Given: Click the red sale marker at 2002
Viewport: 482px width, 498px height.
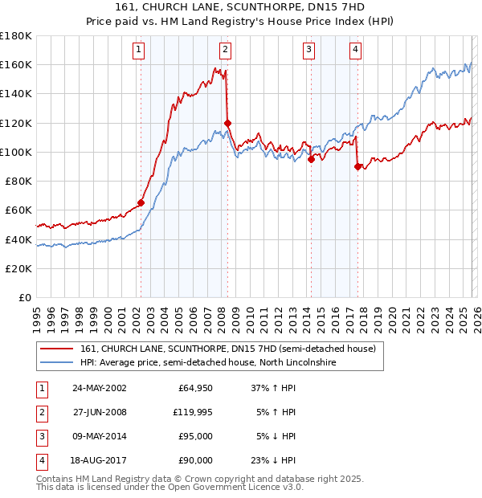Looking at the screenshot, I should coord(141,202).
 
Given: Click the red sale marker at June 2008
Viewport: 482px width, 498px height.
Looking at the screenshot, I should coord(227,123).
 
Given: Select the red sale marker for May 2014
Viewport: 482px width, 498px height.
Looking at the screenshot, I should coord(311,159).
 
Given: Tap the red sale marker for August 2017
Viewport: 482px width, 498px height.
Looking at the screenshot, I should coord(357,166).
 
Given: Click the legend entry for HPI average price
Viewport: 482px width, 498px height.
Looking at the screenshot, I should coord(209,363).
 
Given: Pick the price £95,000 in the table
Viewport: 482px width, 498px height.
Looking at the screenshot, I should coord(194,436).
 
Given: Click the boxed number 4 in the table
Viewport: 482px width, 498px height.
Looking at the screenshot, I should coord(40,460).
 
